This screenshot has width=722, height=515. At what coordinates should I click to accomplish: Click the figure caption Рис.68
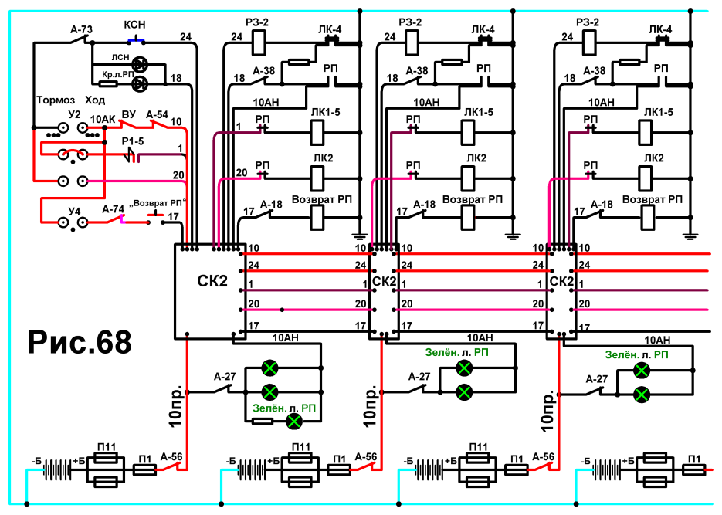(80, 342)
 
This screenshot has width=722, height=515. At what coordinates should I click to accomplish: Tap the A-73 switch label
(82, 30)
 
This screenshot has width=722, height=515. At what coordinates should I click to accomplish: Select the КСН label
(134, 25)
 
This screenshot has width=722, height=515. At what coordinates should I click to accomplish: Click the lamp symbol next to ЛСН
(140, 65)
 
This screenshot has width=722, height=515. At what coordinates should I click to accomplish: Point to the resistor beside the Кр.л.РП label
(109, 83)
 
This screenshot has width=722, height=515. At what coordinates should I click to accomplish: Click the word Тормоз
(56, 100)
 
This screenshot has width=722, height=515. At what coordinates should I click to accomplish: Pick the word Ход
(95, 100)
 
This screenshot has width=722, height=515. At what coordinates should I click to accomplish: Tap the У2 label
(74, 114)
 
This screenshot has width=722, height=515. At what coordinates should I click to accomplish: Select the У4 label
(74, 212)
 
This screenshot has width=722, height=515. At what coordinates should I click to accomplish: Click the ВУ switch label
(129, 114)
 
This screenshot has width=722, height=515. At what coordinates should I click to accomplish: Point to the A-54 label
(157, 114)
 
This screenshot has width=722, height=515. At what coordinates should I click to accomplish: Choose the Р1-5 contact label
(133, 141)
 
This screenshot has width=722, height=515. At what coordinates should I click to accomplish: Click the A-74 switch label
(114, 209)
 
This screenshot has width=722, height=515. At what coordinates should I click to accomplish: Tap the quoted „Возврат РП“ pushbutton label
(159, 203)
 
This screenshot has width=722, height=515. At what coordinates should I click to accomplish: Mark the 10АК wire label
(102, 120)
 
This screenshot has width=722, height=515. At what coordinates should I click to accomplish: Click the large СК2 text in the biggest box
(212, 281)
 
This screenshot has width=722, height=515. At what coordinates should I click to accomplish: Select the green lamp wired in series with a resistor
(293, 421)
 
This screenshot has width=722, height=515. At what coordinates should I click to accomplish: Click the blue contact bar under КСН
(137, 41)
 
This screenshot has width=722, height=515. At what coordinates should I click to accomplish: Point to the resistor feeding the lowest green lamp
(263, 421)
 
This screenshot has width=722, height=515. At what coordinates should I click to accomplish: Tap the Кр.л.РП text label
(118, 75)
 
